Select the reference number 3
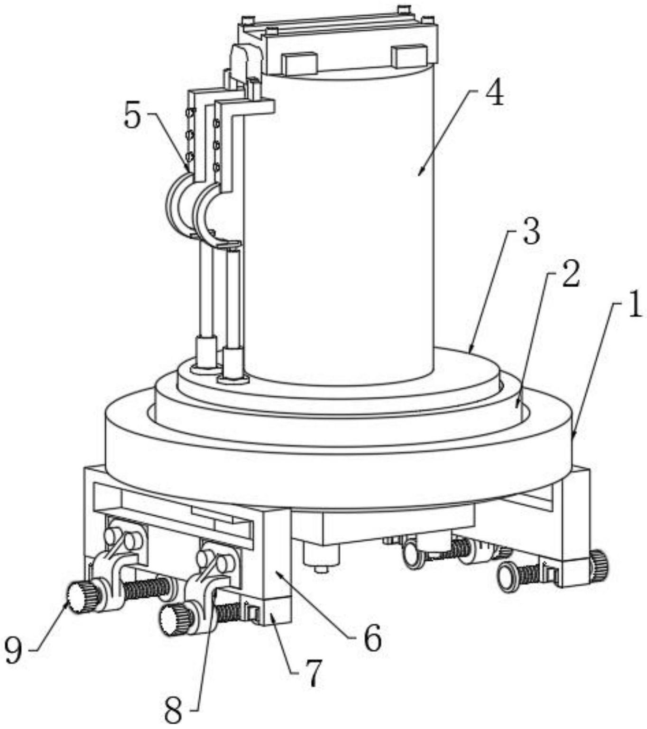531,231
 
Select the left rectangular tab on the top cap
299,63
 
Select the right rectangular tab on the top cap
409,56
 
